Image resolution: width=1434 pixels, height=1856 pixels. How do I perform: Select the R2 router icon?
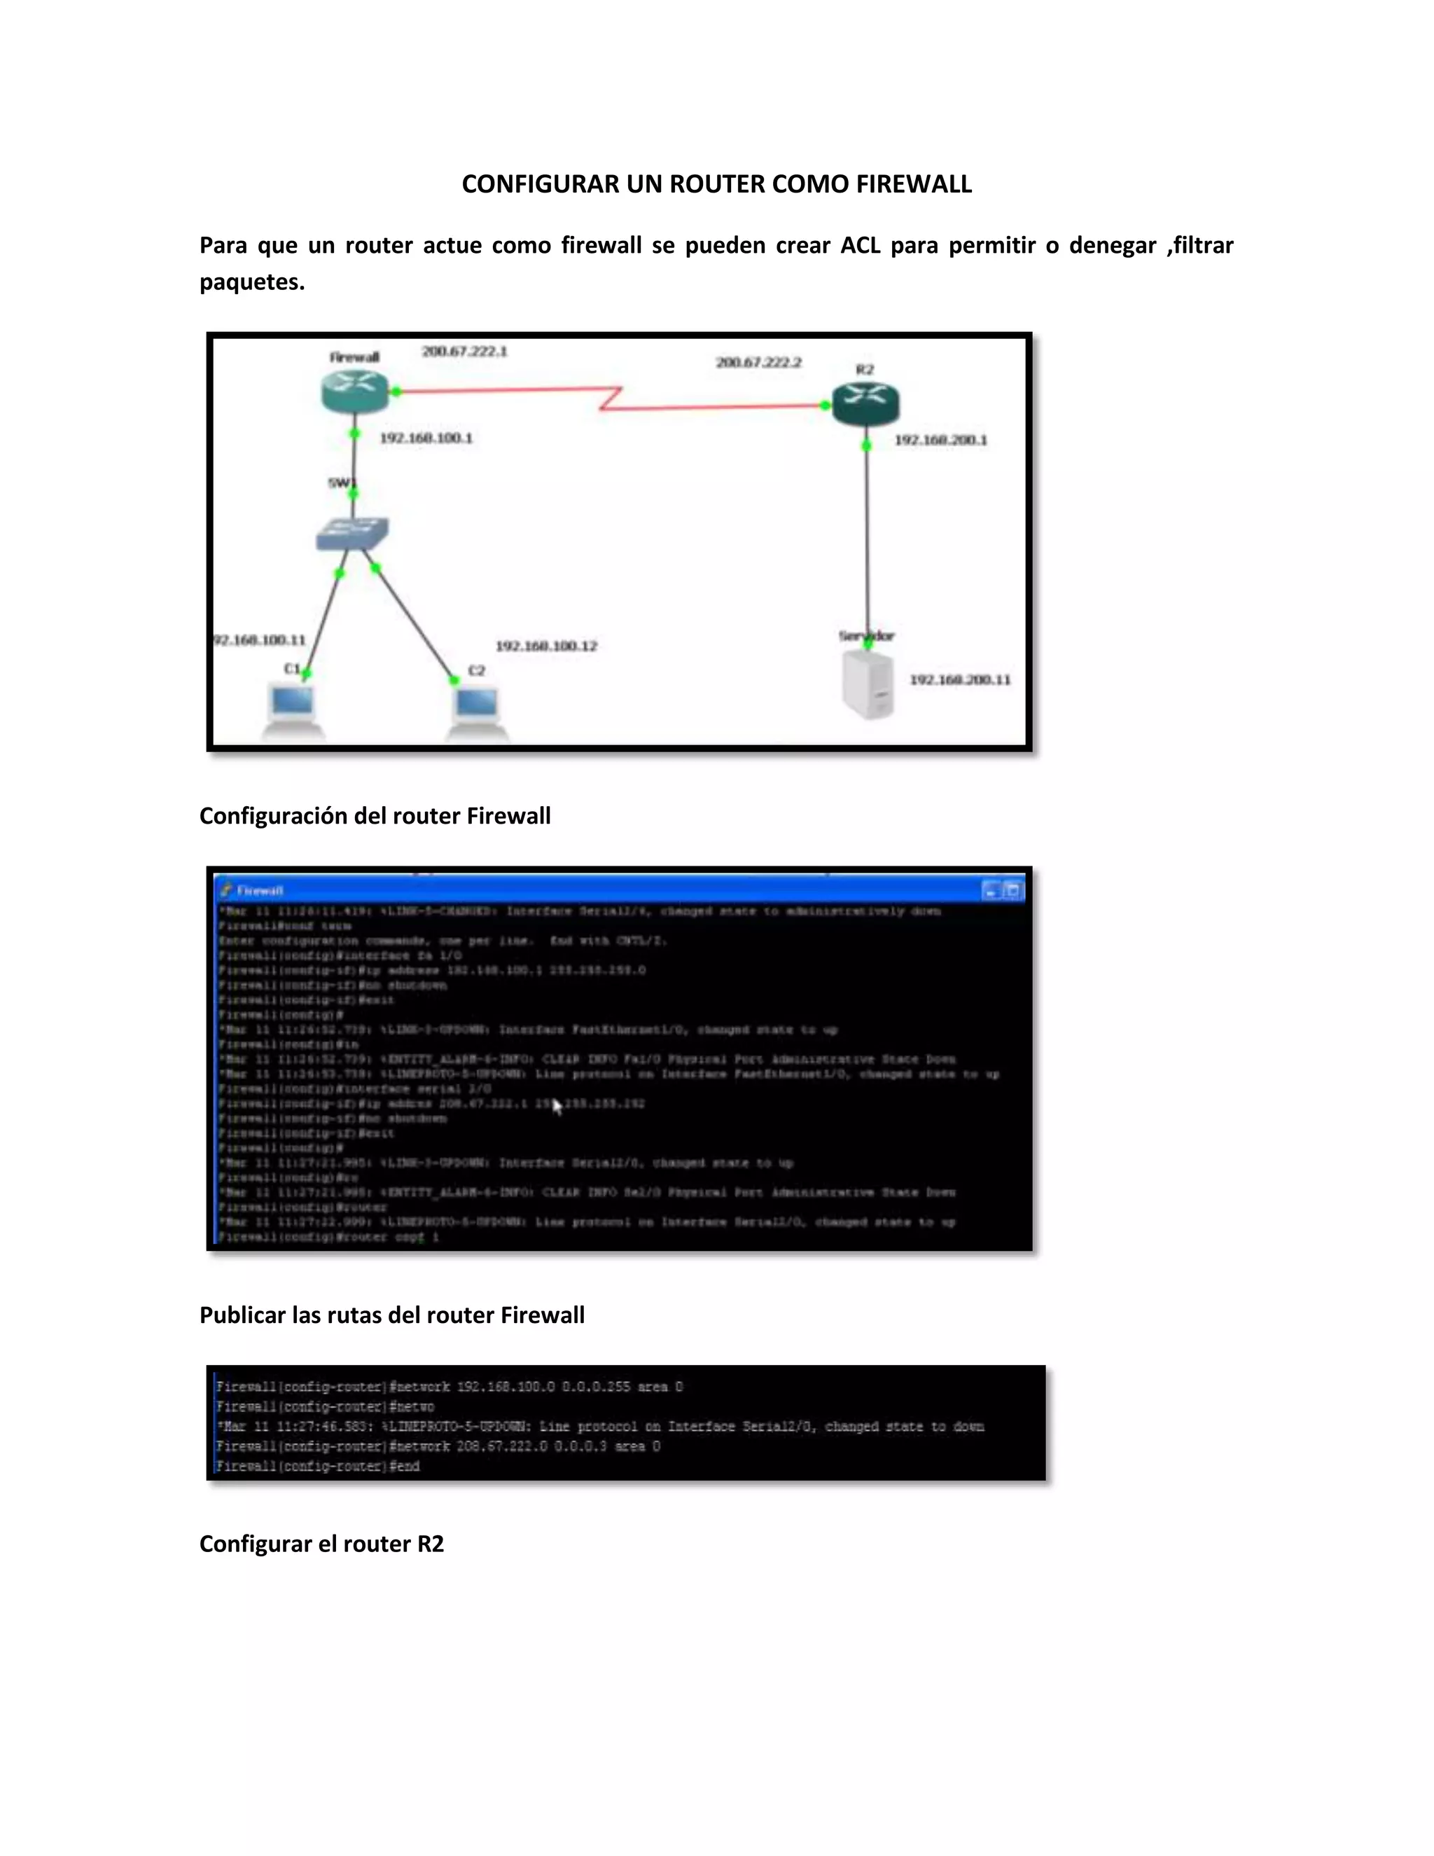[x=865, y=403]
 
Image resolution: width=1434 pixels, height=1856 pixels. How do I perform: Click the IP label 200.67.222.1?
[x=465, y=352]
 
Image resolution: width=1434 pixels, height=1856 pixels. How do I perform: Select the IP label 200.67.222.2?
[x=758, y=363]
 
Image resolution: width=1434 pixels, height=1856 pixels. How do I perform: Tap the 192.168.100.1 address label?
[x=426, y=438]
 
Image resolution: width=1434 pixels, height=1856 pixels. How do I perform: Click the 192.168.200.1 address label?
[x=940, y=441]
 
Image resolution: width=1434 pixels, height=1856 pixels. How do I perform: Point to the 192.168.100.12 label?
[x=546, y=646]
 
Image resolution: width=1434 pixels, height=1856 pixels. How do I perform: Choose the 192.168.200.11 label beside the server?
[x=960, y=680]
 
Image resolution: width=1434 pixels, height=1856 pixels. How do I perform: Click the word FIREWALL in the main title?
[x=913, y=184]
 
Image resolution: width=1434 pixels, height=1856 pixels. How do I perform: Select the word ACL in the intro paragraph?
[x=860, y=246]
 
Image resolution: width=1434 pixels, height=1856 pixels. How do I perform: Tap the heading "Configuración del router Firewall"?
[x=375, y=816]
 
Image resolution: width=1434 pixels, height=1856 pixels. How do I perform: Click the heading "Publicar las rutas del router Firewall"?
[x=391, y=1315]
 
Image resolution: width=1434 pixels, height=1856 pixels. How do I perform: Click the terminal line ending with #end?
[x=318, y=1466]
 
